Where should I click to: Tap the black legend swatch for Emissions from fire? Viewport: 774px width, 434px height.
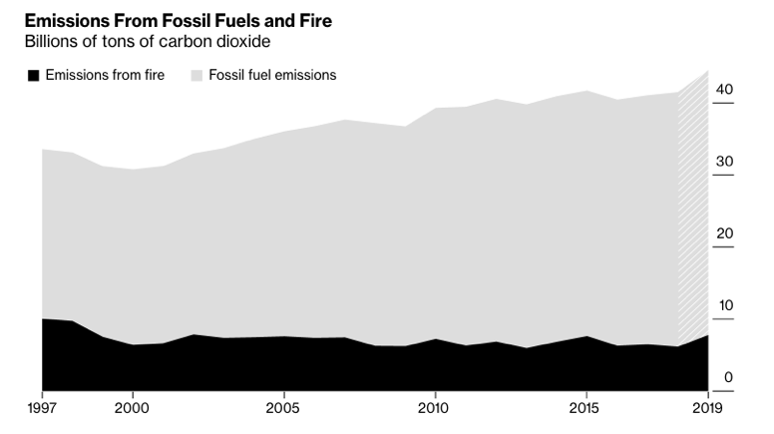(x=33, y=75)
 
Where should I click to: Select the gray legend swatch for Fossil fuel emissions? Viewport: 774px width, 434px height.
(x=195, y=75)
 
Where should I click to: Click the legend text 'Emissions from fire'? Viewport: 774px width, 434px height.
(x=105, y=75)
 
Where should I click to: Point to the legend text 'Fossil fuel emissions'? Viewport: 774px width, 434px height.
(x=272, y=75)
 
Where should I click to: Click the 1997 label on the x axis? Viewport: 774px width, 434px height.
(x=41, y=407)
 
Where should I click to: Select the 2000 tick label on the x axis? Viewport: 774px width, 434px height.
(x=133, y=407)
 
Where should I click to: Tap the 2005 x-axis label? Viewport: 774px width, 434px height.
(x=284, y=407)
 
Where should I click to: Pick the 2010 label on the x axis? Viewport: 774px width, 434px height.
(x=435, y=407)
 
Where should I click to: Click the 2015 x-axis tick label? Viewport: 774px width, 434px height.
(x=585, y=407)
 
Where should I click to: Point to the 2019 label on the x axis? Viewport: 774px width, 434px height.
(x=707, y=407)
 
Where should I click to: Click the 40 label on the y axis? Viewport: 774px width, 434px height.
(x=724, y=90)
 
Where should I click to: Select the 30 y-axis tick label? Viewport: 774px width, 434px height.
(x=724, y=162)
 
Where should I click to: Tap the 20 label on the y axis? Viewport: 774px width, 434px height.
(x=724, y=233)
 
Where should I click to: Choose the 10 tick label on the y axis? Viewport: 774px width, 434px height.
(x=724, y=305)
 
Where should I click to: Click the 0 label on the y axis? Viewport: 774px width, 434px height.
(x=728, y=377)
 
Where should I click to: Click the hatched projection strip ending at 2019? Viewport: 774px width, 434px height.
(x=693, y=229)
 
